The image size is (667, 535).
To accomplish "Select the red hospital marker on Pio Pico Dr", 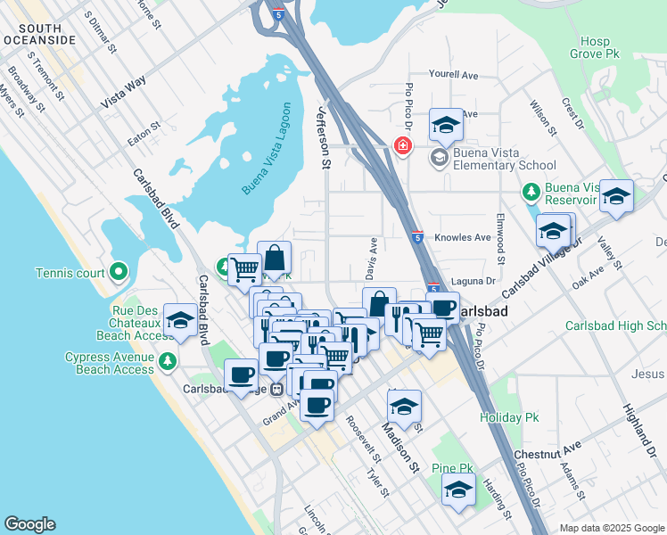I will tap(402, 145).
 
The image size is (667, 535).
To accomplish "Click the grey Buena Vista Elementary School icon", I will tap(438, 158).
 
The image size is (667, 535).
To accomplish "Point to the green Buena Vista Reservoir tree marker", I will tap(530, 192).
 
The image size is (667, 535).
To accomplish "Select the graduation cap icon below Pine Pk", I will tap(459, 490).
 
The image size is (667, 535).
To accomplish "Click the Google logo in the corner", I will tap(29, 524).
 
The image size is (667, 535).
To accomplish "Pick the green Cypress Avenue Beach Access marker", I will tap(166, 361).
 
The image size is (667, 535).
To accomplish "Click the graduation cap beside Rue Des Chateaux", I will tap(180, 321).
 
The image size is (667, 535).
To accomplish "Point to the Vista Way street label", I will tap(123, 93).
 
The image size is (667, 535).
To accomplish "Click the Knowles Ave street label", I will tap(463, 238).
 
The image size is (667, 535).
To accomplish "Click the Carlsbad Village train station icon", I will tap(277, 389).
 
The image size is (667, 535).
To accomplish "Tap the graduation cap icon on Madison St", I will tap(404, 407).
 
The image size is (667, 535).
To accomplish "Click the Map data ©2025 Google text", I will tap(611, 527).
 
